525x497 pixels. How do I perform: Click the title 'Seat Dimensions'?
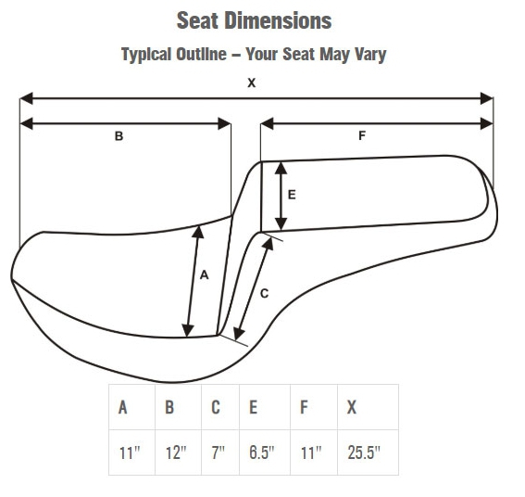254,20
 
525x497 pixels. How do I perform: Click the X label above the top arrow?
252,83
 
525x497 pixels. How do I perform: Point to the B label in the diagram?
119,136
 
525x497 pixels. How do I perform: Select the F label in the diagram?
362,135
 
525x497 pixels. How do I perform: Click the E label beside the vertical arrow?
292,195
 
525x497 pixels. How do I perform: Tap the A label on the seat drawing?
205,275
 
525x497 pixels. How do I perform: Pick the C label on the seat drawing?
264,294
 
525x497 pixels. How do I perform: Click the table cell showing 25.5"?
368,452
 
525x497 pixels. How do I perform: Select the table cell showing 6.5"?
265,452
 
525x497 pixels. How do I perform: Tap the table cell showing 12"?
178,452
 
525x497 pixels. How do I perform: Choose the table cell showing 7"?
220,452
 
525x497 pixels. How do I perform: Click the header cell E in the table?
265,407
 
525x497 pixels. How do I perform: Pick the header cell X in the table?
368,407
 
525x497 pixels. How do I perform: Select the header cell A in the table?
131,407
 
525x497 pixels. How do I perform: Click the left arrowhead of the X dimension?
26,98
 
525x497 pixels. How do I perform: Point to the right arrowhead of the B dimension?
224,123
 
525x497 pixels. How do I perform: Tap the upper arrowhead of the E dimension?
281,169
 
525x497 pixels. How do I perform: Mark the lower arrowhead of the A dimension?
187,330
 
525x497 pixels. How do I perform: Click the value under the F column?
311,452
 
